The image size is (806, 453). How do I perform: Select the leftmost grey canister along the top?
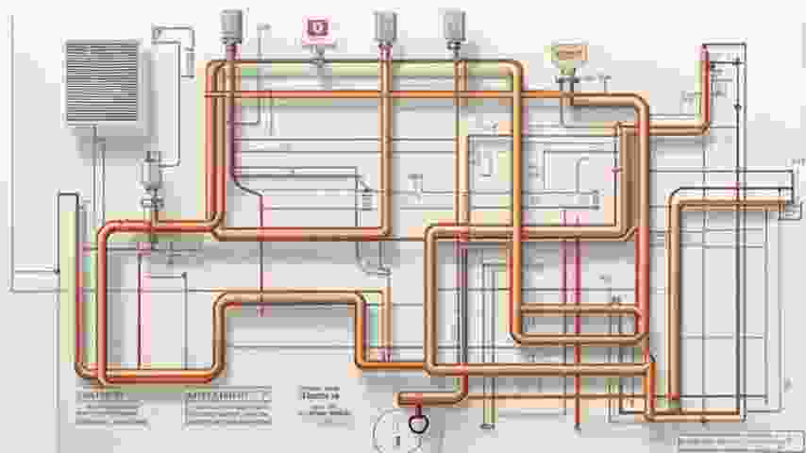(x=229, y=25)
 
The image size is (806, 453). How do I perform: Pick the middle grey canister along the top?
(x=384, y=25)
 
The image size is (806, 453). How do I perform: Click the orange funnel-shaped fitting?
(x=568, y=59)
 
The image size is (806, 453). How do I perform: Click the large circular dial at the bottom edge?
(x=395, y=433)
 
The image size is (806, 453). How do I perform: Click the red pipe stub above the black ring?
(x=412, y=397)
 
